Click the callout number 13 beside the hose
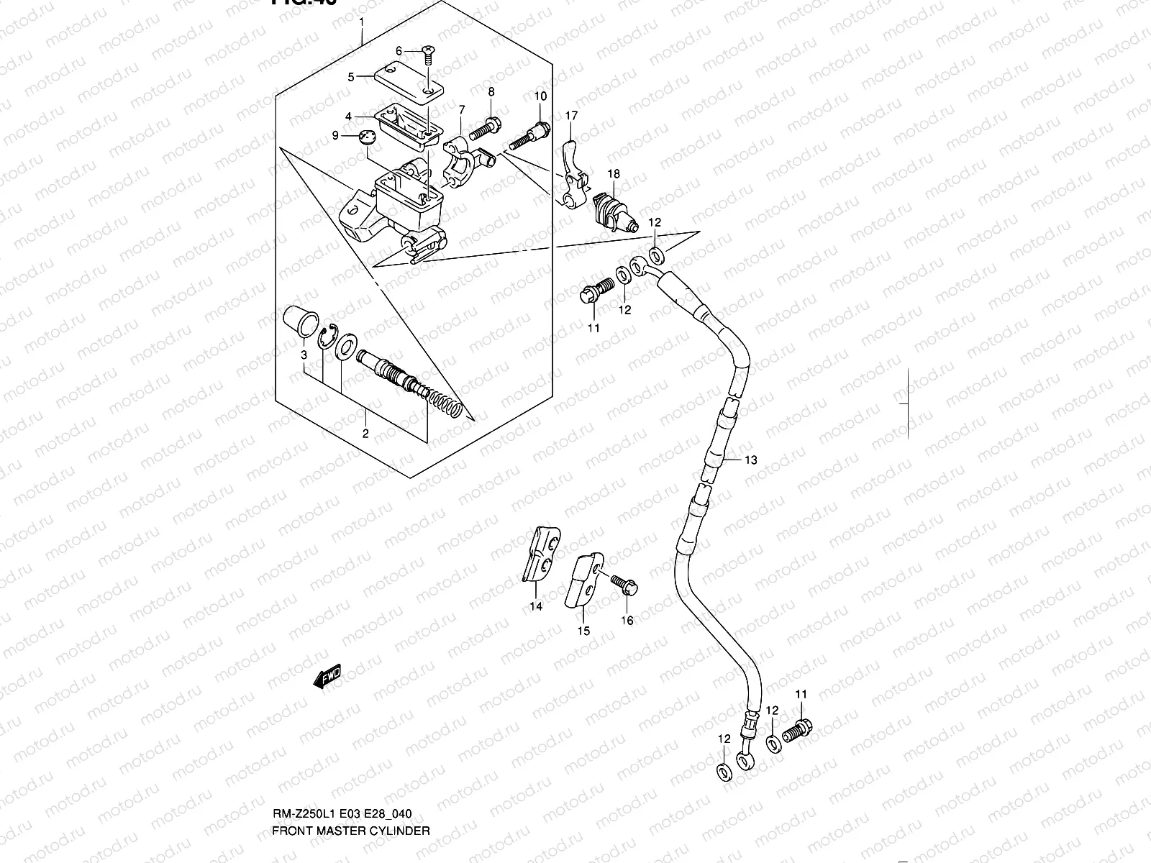[750, 460]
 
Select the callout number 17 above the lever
[571, 116]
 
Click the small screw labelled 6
[427, 52]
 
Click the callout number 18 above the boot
[613, 174]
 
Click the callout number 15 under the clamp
[583, 631]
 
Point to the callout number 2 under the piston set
[365, 433]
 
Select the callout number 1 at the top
[362, 22]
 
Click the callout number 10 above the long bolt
[540, 96]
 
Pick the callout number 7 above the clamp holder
[461, 109]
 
